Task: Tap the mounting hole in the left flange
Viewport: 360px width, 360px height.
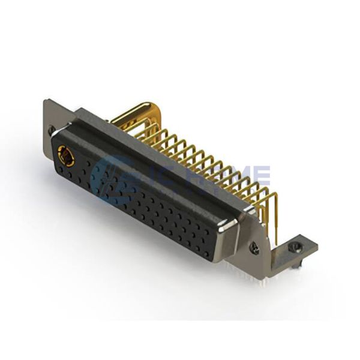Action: [x=53, y=133]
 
